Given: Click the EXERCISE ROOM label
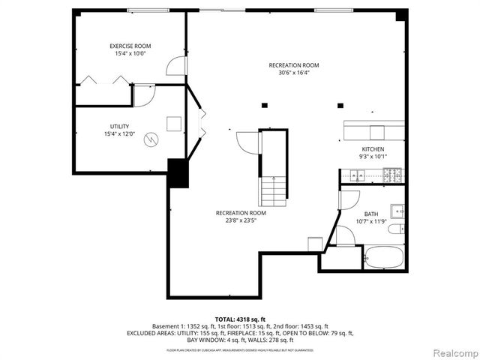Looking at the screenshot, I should pyautogui.click(x=131, y=46).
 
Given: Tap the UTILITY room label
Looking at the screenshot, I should pyautogui.click(x=119, y=127).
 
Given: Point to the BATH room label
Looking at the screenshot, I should pyautogui.click(x=371, y=214).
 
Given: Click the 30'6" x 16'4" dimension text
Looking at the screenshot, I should pyautogui.click(x=294, y=73).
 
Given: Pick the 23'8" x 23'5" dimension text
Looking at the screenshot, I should pyautogui.click(x=241, y=220).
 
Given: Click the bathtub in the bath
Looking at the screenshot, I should pyautogui.click(x=384, y=257).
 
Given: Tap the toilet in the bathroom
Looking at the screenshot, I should pyautogui.click(x=400, y=229).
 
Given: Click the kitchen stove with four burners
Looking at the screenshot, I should pyautogui.click(x=392, y=175).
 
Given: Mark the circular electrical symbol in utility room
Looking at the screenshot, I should pyautogui.click(x=152, y=139).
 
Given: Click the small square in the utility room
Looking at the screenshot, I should pyautogui.click(x=174, y=124).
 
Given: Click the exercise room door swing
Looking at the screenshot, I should pyautogui.click(x=175, y=67).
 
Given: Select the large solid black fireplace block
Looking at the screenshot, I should pyautogui.click(x=178, y=173).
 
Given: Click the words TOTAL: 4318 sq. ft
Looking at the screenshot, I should pyautogui.click(x=241, y=319).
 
